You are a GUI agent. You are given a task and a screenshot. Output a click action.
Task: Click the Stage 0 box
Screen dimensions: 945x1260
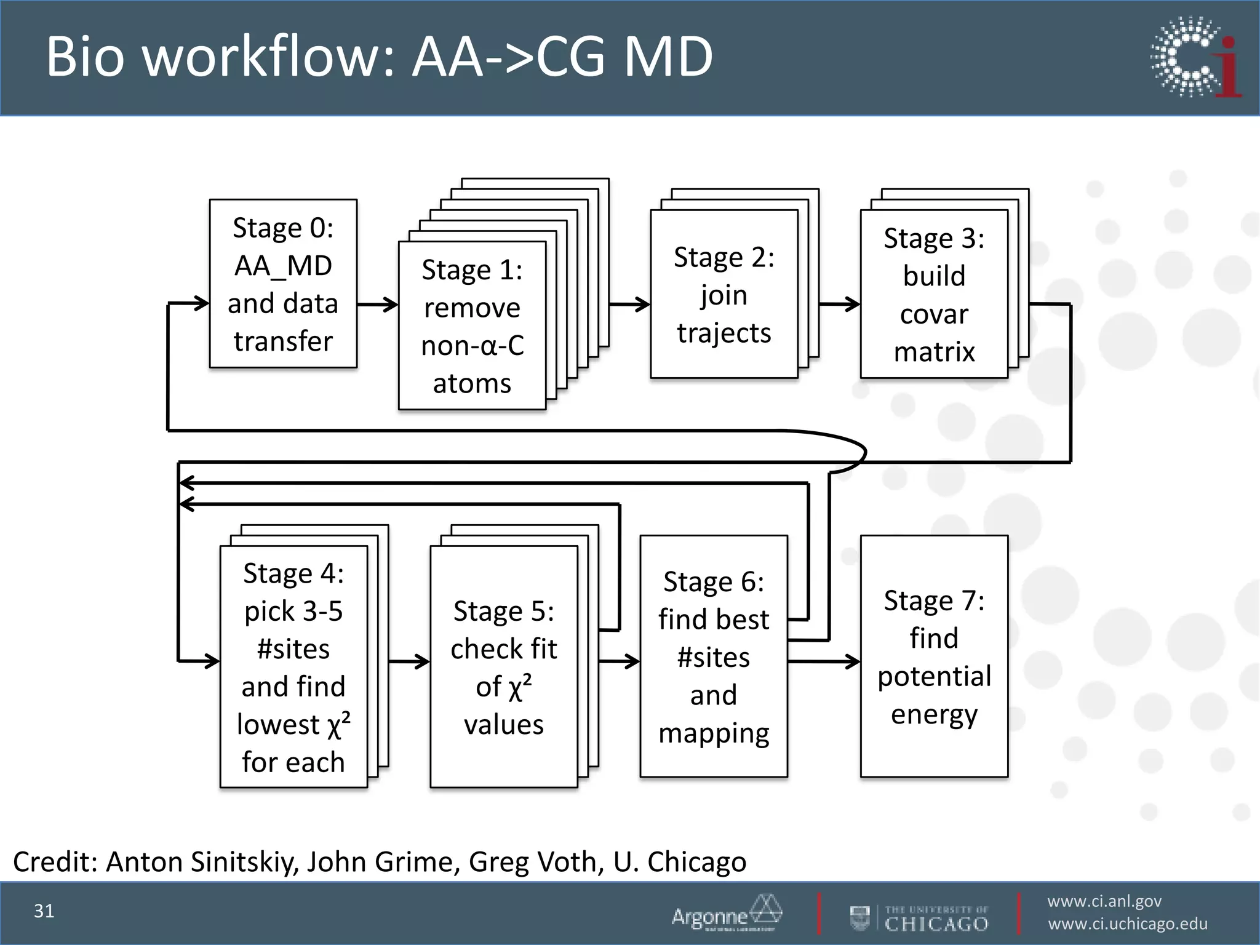pos(283,284)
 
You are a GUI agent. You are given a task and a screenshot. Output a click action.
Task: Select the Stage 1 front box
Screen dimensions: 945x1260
pos(472,325)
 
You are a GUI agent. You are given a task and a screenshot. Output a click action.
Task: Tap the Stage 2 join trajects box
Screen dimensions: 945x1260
pos(724,294)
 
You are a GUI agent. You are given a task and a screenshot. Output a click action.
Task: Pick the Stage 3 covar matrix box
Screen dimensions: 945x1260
pos(933,294)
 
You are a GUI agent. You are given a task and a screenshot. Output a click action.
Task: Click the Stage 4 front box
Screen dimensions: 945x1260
pos(293,666)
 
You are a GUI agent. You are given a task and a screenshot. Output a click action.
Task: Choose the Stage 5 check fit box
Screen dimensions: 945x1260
pos(503,666)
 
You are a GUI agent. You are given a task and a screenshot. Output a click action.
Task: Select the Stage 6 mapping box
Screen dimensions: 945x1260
pos(713,656)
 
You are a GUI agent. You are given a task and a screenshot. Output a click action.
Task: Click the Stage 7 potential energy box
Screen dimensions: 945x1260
pos(933,656)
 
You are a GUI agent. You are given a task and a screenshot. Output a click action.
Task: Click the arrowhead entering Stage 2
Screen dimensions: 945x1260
pos(644,304)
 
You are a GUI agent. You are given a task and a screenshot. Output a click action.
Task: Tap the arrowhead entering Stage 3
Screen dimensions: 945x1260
pos(853,304)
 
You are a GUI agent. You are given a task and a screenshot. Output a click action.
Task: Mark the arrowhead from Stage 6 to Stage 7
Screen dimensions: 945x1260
pos(853,661)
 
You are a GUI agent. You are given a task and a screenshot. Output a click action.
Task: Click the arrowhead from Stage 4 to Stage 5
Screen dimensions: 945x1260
pos(423,661)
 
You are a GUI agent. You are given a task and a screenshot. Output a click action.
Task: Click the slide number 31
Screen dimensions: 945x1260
pos(44,911)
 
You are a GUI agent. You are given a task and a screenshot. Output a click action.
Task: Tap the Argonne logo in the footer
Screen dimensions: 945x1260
pos(726,913)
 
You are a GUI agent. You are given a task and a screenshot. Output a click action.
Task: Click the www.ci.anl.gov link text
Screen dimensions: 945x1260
pos(1104,901)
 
